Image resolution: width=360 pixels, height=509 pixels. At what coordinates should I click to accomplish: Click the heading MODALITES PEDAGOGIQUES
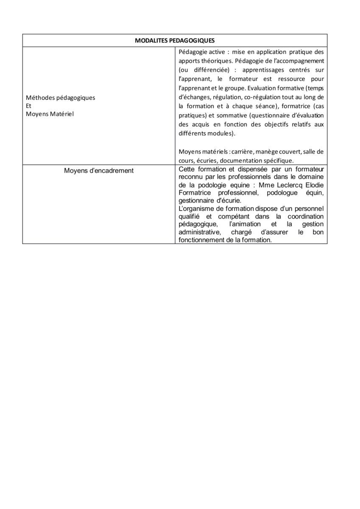(175, 40)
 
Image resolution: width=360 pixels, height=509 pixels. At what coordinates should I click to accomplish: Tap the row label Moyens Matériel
(50, 114)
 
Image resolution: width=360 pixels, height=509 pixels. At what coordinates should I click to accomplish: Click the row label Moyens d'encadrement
(99, 171)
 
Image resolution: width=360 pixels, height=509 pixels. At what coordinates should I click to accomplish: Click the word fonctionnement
(202, 240)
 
